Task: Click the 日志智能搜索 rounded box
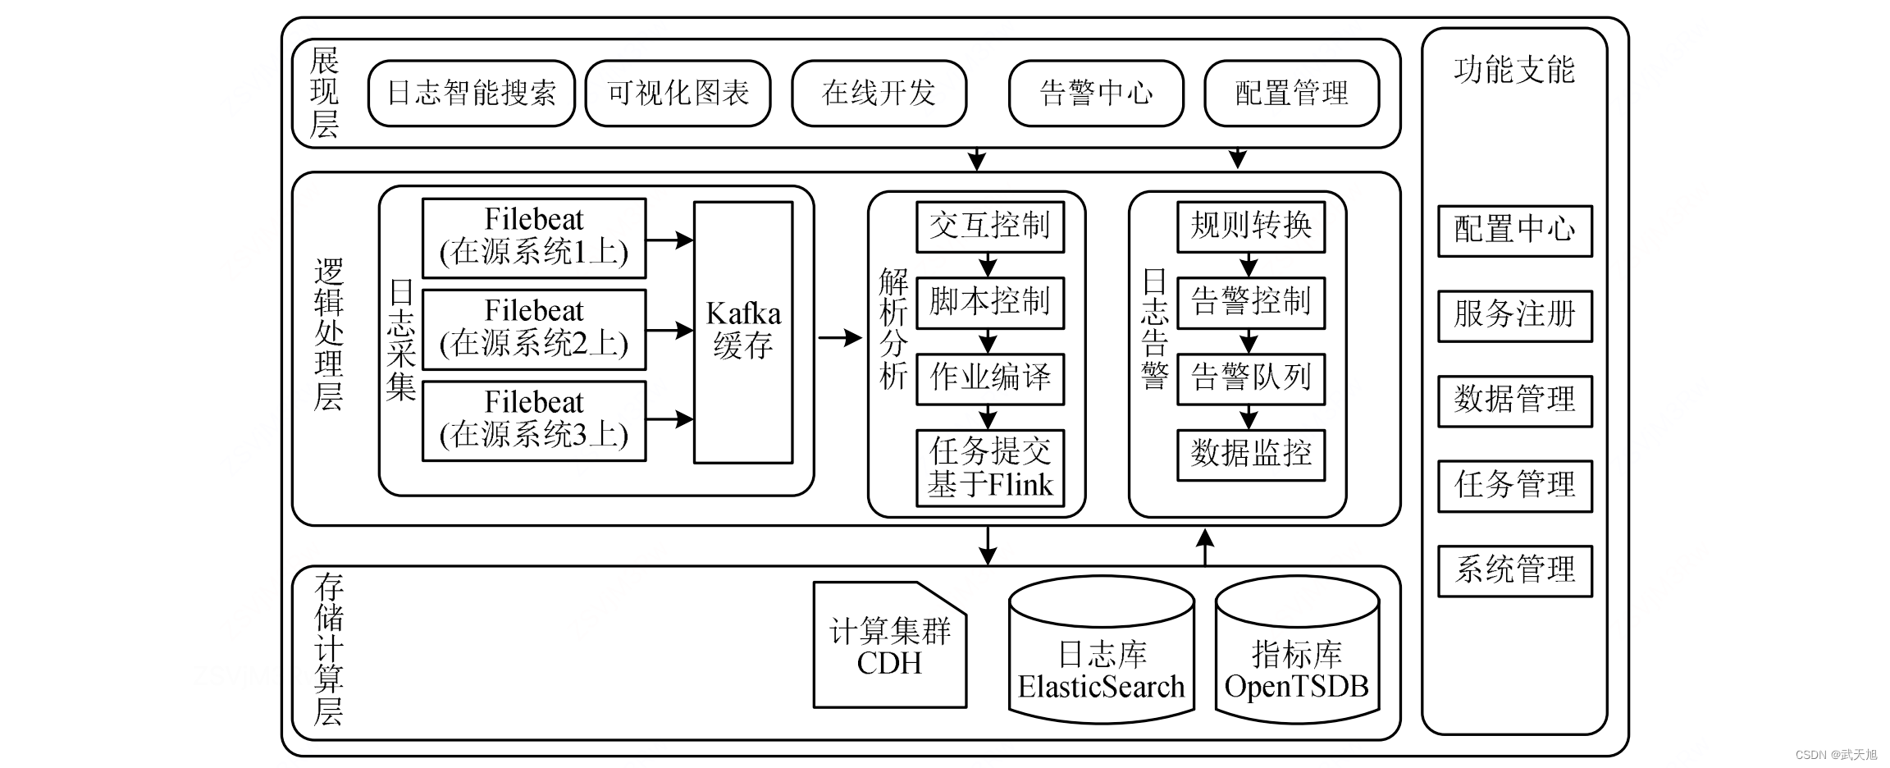point(472,93)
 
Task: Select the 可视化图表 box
point(678,93)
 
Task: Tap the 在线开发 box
point(879,93)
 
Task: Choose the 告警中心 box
point(1097,93)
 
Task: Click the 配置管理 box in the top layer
point(1292,93)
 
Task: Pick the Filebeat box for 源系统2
point(534,329)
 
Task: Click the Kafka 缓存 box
point(743,332)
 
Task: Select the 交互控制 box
point(990,226)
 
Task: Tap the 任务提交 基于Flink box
point(990,469)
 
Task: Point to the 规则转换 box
point(1251,226)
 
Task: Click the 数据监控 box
point(1251,455)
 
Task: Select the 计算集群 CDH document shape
point(890,645)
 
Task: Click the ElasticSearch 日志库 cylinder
point(1102,650)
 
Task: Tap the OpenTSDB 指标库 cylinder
point(1298,650)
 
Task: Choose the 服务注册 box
point(1515,316)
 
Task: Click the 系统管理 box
point(1515,571)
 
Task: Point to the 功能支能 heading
point(1514,71)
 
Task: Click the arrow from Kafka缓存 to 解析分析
point(840,337)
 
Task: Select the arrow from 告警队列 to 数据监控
point(1249,418)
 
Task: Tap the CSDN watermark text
point(1836,755)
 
